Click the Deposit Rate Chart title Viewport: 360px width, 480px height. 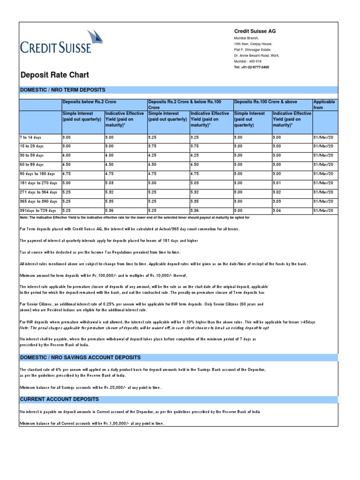pos(54,75)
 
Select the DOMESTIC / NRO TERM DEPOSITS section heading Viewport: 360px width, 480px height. pos(62,90)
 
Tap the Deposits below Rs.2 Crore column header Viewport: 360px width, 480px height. pos(89,102)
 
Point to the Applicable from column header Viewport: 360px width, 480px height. pos(324,105)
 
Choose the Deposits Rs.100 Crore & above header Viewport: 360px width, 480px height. pos(265,102)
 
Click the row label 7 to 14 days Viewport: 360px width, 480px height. pos(31,137)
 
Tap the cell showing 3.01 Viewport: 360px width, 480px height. pos(277,183)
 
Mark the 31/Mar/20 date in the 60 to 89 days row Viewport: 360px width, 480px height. pos(323,165)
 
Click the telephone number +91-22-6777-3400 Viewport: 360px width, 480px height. pos(252,67)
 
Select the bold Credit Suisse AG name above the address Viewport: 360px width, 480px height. pos(255,31)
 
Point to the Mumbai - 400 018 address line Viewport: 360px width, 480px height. pos(248,61)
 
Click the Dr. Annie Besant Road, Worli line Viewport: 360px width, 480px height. pos(259,55)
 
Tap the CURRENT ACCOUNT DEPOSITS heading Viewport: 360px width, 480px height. pos(59,399)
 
